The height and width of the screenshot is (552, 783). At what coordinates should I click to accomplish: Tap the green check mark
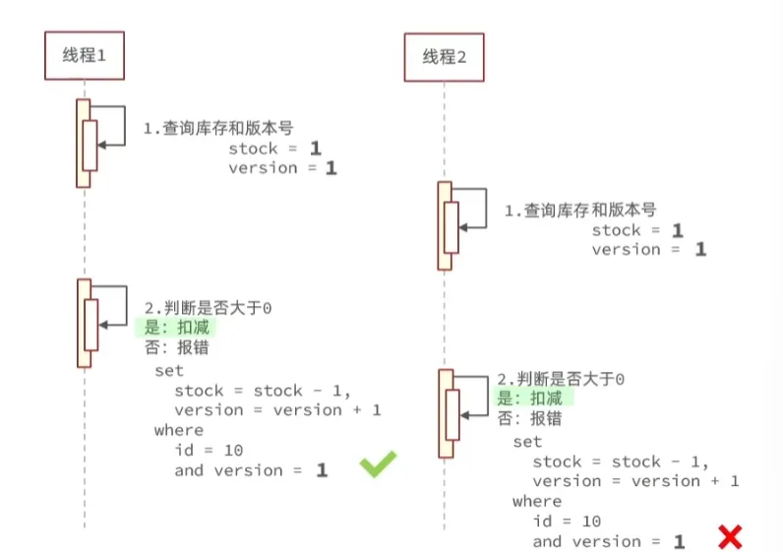[377, 465]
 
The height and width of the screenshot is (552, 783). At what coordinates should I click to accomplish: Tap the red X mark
[729, 537]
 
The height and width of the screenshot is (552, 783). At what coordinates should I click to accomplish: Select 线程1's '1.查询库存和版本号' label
[218, 128]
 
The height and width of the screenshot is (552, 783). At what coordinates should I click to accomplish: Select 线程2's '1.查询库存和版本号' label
[580, 210]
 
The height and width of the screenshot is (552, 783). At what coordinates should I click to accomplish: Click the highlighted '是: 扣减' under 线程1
[177, 328]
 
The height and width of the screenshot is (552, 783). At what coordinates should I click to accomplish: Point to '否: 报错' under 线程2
[529, 418]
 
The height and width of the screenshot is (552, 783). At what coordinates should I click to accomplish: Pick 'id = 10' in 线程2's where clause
[568, 521]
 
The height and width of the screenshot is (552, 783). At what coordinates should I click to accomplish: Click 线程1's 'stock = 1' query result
[274, 149]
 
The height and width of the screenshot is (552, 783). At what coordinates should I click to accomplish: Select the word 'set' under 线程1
[169, 371]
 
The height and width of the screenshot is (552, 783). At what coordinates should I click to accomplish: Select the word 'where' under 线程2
[537, 501]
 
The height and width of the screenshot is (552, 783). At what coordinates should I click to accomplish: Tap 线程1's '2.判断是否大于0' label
[209, 308]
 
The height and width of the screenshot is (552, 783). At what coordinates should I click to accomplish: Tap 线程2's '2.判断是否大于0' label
[561, 379]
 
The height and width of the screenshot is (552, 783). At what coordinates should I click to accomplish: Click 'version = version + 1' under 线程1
[277, 410]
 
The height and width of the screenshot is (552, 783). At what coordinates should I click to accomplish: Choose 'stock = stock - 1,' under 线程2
[621, 461]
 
